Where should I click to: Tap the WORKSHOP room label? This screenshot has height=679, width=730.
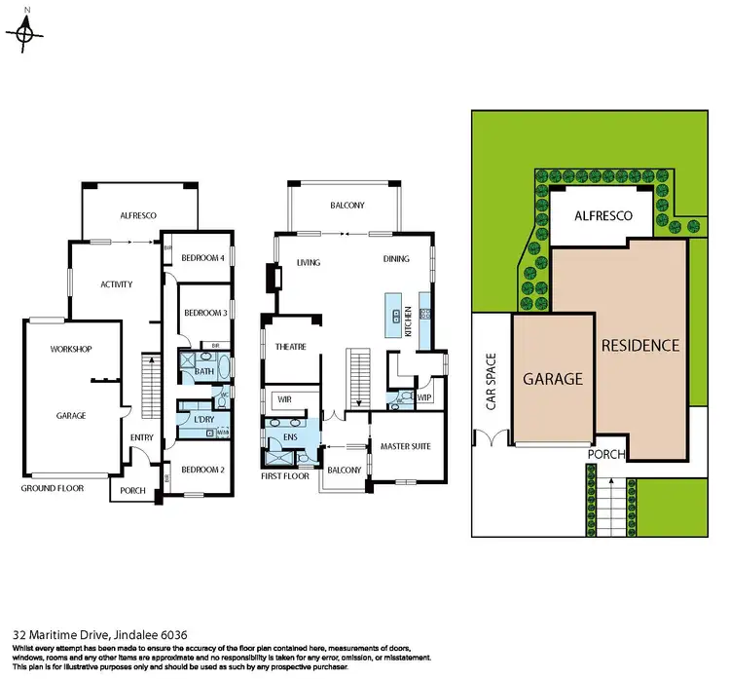(x=71, y=349)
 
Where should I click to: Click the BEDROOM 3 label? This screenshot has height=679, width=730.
(x=205, y=313)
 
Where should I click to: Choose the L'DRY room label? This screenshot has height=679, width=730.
(x=204, y=419)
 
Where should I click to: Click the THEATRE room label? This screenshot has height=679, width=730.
(x=290, y=347)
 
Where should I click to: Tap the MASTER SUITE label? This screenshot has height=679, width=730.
(x=405, y=447)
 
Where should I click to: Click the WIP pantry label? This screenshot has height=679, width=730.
(x=423, y=397)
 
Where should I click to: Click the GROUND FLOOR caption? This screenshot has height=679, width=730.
(x=54, y=488)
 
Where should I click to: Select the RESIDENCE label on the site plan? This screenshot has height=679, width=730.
(x=639, y=345)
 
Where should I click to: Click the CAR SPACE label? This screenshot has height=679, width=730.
(x=492, y=381)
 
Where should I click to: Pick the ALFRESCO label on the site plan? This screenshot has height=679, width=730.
(x=602, y=215)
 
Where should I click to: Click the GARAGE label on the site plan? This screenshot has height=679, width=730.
(x=553, y=379)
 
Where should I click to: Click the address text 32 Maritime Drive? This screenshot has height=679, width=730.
(x=92, y=631)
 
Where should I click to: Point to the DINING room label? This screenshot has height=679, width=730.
(x=395, y=260)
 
